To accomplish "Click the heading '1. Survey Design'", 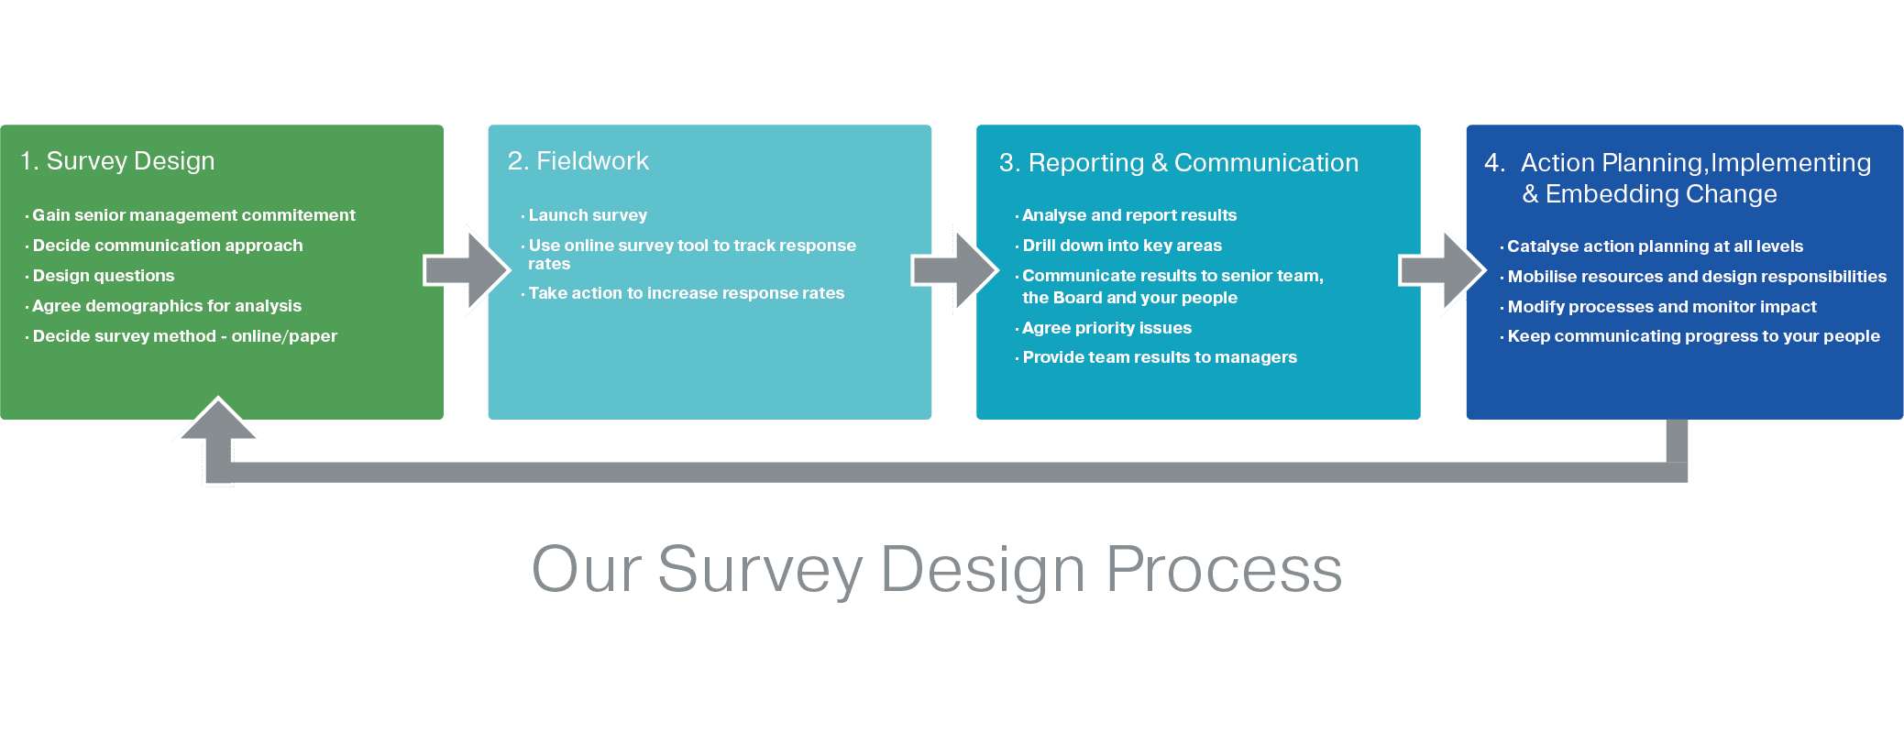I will click(x=117, y=161).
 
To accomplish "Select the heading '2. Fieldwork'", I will click(x=578, y=161).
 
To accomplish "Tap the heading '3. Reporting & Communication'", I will click(x=1179, y=163).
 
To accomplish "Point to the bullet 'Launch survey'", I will click(x=588, y=215).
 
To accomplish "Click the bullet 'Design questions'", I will click(x=104, y=276).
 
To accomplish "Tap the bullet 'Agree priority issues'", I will click(x=1106, y=328).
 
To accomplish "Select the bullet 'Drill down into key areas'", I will click(x=1122, y=246).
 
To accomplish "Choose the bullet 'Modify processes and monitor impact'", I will click(x=1661, y=307).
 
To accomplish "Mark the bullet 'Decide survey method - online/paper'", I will click(x=184, y=336).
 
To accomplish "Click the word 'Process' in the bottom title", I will click(x=1224, y=570).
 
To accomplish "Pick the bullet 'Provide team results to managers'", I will click(x=1160, y=357).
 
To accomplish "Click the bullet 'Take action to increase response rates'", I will click(x=686, y=293).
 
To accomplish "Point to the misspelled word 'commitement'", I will click(x=298, y=215).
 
